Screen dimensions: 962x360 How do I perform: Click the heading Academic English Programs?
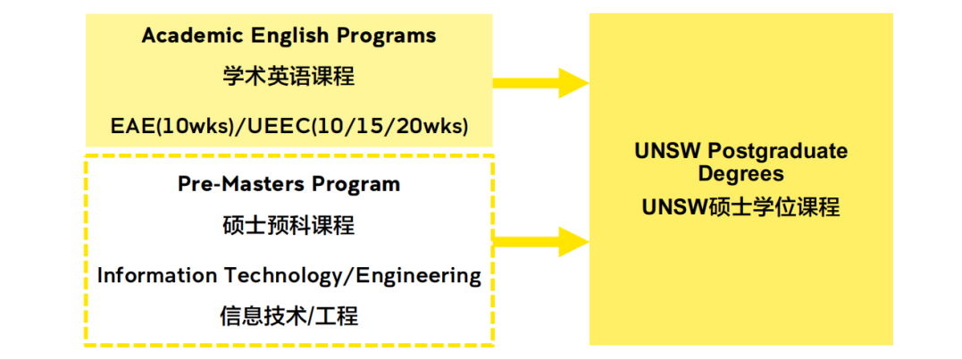tap(289, 37)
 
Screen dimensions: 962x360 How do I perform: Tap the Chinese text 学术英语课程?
tap(289, 79)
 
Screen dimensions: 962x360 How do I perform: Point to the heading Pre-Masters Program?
tap(289, 183)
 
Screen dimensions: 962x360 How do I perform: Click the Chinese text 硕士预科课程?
tap(289, 226)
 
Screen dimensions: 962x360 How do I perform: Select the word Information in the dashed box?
tap(157, 275)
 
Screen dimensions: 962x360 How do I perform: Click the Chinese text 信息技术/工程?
tap(289, 316)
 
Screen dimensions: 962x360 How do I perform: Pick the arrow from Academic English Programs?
tap(540, 83)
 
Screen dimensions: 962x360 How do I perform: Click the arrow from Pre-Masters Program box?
tap(540, 241)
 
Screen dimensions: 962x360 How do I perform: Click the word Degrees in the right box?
tap(741, 174)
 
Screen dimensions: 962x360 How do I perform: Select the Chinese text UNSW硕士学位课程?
tap(741, 207)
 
